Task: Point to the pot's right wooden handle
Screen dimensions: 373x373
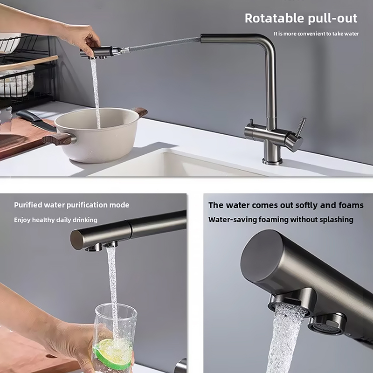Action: click(x=140, y=111)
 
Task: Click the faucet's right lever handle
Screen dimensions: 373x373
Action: click(x=301, y=126)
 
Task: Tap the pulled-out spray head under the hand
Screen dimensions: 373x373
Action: click(x=97, y=52)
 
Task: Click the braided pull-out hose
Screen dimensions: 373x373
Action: click(x=164, y=44)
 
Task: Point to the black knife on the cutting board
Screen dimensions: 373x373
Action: click(x=36, y=120)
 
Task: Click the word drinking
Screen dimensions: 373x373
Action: click(x=85, y=220)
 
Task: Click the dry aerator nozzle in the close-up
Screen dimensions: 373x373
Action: click(x=327, y=324)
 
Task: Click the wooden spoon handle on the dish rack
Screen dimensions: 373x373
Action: click(x=28, y=63)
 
